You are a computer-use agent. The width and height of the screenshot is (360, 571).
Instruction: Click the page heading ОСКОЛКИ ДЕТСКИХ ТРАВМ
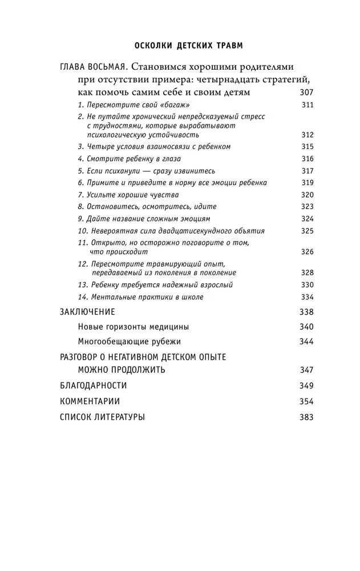[180, 45]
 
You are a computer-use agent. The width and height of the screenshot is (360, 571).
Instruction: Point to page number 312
[306, 135]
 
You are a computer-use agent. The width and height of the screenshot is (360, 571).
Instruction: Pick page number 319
[306, 183]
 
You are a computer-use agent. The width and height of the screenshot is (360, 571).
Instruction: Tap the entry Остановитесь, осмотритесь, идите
[147, 207]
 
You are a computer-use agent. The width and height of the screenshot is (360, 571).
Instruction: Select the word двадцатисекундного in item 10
[188, 231]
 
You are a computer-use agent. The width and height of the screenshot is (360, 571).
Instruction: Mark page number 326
[306, 252]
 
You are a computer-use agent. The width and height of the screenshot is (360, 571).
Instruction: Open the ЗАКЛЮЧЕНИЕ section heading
[87, 312]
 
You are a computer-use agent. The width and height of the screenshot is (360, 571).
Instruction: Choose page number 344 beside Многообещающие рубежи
[306, 341]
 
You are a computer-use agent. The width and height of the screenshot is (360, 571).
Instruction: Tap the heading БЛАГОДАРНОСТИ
[93, 385]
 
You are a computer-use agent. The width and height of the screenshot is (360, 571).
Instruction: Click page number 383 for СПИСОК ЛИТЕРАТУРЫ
[306, 417]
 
